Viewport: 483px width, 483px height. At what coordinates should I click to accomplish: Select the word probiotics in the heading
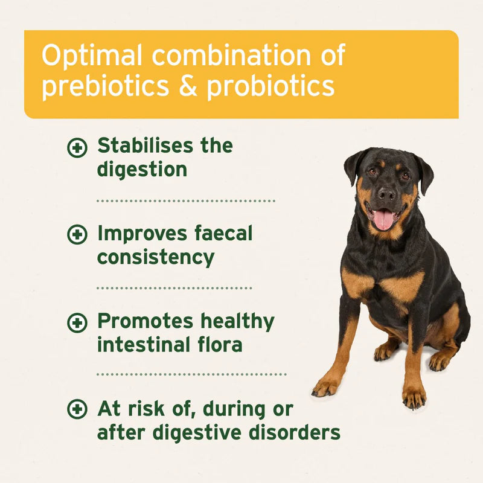[270, 86]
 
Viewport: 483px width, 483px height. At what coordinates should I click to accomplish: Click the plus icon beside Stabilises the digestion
[77, 147]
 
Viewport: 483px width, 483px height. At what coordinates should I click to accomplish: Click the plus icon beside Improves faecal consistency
[77, 235]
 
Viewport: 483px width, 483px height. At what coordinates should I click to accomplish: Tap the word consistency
[156, 257]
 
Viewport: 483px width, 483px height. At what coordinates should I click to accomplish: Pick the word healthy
[237, 322]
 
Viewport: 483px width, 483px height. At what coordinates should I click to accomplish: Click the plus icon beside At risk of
[77, 410]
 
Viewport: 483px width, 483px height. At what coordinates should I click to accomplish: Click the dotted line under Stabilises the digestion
[186, 200]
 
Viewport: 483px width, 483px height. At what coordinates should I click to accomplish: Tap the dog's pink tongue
[383, 219]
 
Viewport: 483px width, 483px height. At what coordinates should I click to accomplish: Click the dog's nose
[386, 193]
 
